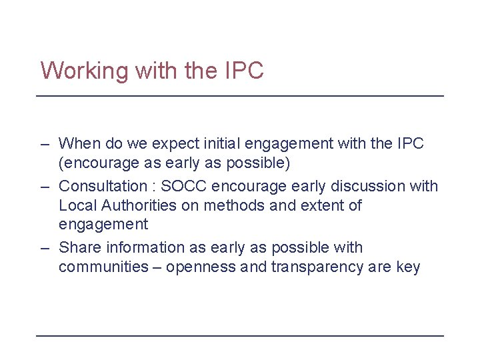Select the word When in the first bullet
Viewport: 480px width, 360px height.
tap(79, 143)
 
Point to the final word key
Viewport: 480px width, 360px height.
tap(408, 268)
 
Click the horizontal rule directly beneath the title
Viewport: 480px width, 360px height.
tap(240, 97)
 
